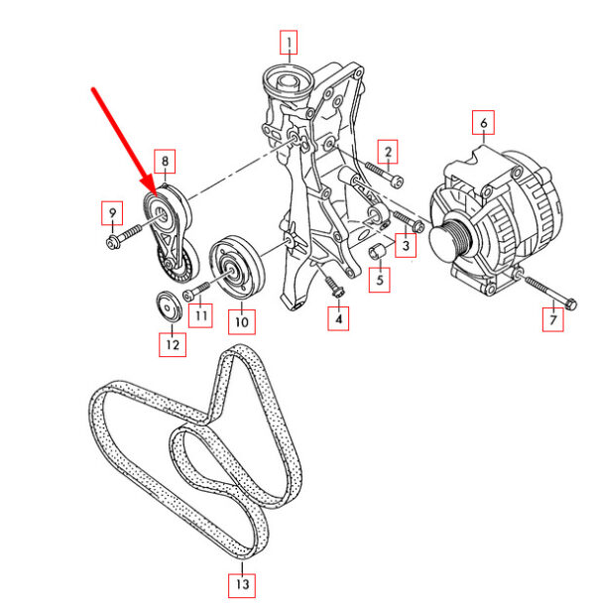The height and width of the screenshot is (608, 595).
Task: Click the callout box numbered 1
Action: (x=289, y=43)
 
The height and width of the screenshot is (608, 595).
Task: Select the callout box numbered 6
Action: (x=483, y=123)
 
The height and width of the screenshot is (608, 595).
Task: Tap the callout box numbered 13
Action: (x=242, y=585)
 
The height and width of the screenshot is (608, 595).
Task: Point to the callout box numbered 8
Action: (x=165, y=162)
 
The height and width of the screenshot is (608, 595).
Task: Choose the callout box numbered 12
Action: (x=173, y=344)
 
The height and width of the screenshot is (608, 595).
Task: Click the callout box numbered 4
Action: (x=338, y=318)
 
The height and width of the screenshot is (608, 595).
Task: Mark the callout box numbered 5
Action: (x=380, y=280)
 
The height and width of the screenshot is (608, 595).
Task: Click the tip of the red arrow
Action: (x=156, y=195)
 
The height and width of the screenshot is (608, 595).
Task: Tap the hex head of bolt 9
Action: (x=112, y=242)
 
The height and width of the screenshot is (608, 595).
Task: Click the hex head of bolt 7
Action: (x=570, y=304)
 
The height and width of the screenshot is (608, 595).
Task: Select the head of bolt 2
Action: (x=397, y=182)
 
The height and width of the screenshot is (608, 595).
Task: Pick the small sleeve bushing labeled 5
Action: (x=376, y=251)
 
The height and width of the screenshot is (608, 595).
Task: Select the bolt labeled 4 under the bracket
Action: (x=335, y=288)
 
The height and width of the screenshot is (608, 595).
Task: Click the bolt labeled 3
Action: (x=409, y=221)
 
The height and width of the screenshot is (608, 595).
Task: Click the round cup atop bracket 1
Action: (x=289, y=84)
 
